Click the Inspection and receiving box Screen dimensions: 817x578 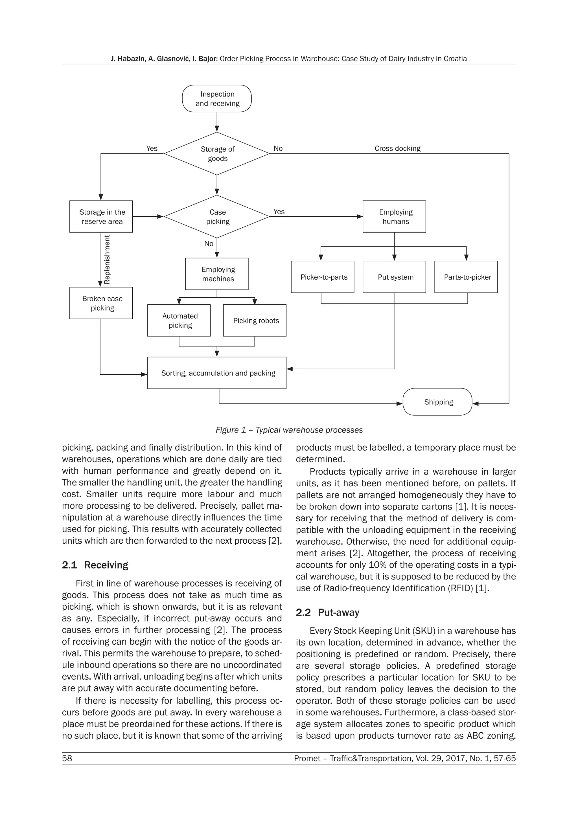pos(217,98)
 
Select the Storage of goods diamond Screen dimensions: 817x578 pos(217,154)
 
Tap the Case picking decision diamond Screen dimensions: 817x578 pos(217,216)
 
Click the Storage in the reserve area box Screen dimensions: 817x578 pos(101,216)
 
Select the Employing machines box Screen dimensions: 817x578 pos(217,274)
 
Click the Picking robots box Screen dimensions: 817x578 pos(255,320)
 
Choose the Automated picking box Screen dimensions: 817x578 pos(179,320)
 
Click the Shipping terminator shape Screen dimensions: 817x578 pos(437,402)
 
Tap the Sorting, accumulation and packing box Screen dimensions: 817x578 pos(217,373)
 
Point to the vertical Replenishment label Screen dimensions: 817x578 pos(107,260)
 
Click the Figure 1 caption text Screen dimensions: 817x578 pos(289,430)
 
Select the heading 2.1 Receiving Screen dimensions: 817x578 pos(95,565)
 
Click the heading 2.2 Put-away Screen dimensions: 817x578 pos(327,612)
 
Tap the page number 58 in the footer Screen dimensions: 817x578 pos(67,758)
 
